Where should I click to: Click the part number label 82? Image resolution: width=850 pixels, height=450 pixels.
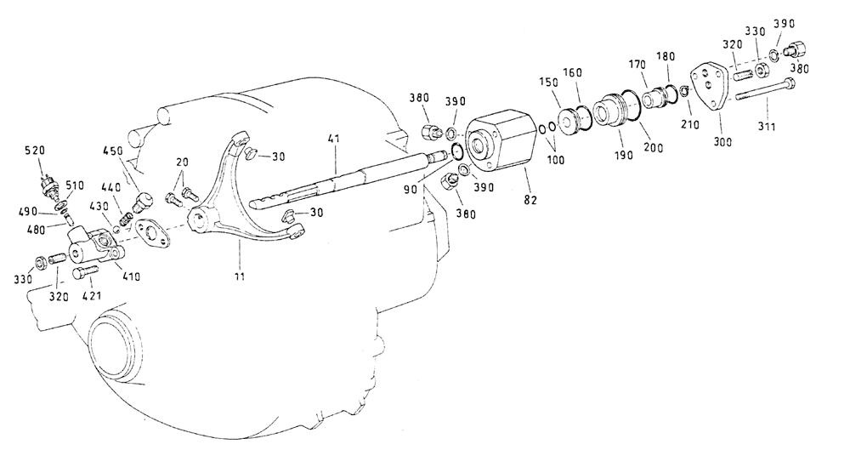tap(530, 200)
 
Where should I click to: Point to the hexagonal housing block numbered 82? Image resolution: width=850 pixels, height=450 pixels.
tap(501, 140)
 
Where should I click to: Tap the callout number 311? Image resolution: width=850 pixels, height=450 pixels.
tap(767, 127)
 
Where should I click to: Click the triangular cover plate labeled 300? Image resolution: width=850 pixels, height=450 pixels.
tap(712, 87)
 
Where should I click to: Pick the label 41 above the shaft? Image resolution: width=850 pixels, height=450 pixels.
tap(333, 139)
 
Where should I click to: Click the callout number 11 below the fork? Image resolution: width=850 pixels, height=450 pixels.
tap(239, 276)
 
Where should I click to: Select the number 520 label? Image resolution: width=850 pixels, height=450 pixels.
tap(35, 151)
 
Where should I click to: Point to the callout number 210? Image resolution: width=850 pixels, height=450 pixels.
tap(689, 124)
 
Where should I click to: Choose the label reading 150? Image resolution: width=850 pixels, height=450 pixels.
tap(548, 82)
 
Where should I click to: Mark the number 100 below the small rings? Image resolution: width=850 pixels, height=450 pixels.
tap(556, 160)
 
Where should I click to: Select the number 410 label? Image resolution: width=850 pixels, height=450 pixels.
tap(130, 276)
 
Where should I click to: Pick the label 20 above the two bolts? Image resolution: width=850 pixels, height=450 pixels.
tap(182, 162)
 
